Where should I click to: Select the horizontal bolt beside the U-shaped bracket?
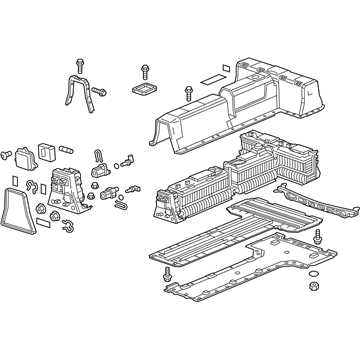[x=100, y=92]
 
